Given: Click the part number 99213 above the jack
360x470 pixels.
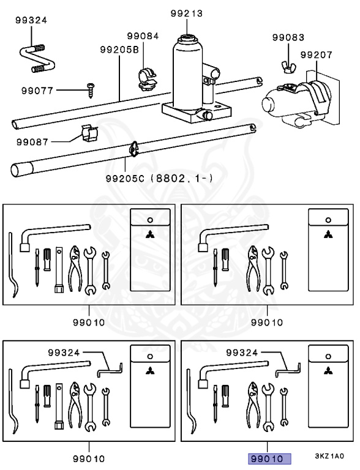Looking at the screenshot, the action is [187, 13].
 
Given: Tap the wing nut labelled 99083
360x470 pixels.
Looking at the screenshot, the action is [289, 67].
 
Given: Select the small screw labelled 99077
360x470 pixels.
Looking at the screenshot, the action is [90, 90].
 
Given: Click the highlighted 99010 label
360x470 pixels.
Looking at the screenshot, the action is [269, 459].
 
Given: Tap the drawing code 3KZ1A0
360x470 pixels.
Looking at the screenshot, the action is [329, 456].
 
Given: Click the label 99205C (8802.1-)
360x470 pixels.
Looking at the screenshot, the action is [159, 179].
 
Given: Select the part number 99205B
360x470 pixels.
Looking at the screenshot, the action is [119, 50].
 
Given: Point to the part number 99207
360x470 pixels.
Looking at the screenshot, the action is [317, 55].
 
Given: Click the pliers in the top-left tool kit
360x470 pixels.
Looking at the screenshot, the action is [75, 268].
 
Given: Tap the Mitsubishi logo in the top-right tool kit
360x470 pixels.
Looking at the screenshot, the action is [328, 234].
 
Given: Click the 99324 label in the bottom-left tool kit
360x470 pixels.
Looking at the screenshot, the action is [64, 352].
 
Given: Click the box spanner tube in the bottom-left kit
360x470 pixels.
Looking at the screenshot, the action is [59, 406].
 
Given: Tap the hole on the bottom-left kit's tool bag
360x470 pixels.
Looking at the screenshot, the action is [150, 357].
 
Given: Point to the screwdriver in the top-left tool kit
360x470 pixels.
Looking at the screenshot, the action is [37, 267].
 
